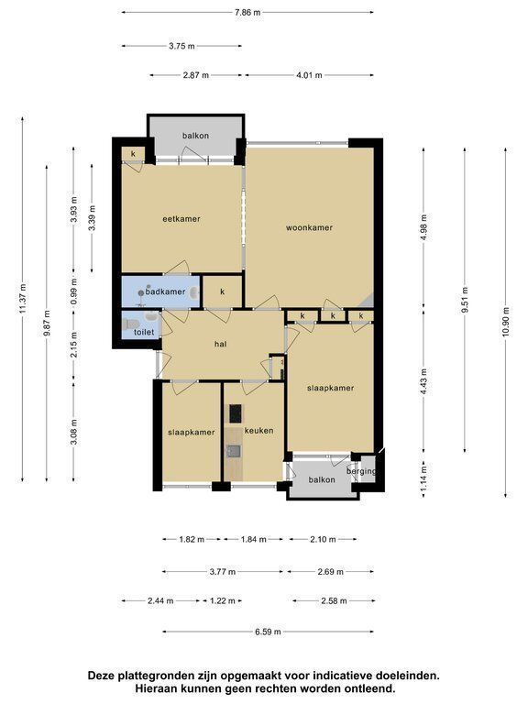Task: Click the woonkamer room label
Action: [x=309, y=227]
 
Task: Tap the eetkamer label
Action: [x=181, y=219]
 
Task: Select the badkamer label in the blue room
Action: [x=165, y=291]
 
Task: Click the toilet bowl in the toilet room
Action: [x=131, y=324]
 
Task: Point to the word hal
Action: [x=220, y=345]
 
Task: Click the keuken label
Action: [x=259, y=431]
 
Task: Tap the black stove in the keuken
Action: [x=236, y=413]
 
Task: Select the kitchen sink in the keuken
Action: [x=234, y=451]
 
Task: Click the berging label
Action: [x=361, y=472]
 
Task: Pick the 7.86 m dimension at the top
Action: [x=247, y=13]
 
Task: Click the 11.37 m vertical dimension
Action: [x=22, y=299]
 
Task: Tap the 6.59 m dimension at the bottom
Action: [x=268, y=632]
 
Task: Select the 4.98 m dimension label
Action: [x=423, y=227]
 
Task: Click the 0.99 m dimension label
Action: [x=74, y=291]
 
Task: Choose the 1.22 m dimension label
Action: [x=223, y=600]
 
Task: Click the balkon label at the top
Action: [x=196, y=136]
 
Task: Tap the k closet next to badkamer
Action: [x=223, y=291]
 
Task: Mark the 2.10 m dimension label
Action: [x=323, y=539]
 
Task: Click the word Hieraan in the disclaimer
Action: [x=156, y=687]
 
